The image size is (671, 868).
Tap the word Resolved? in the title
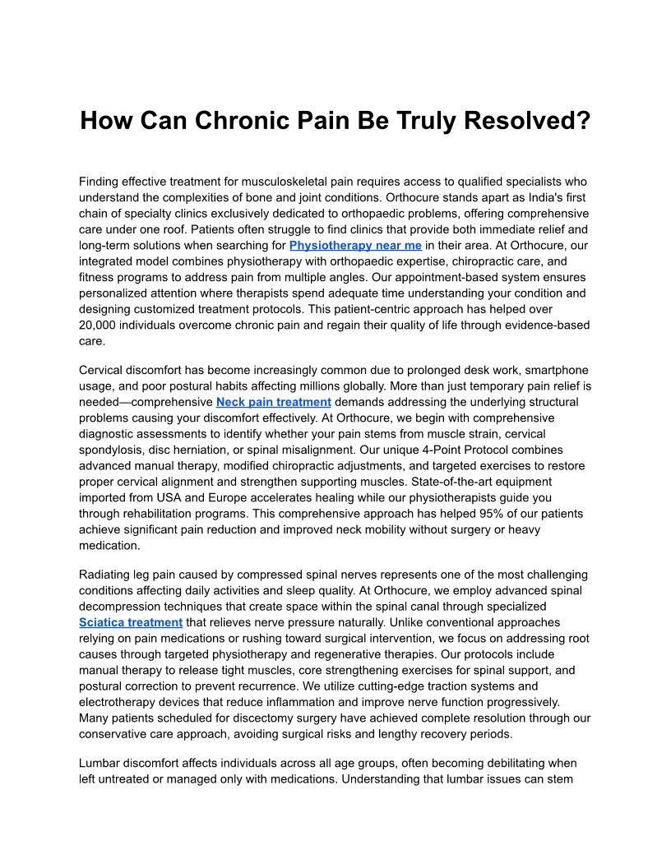tap(525, 121)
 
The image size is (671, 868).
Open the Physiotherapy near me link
tap(355, 245)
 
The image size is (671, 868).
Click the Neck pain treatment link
tap(274, 402)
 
